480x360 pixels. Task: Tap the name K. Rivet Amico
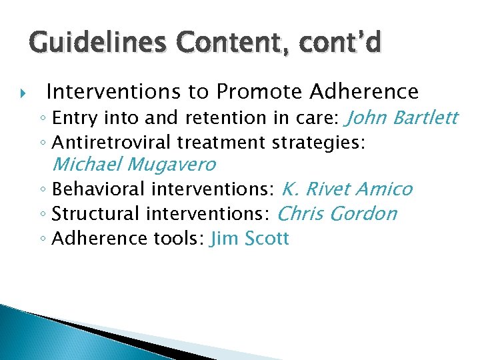(347, 189)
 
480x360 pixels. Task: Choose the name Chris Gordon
(336, 214)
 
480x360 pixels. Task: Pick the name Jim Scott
(249, 239)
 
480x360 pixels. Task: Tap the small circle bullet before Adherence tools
(43, 239)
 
